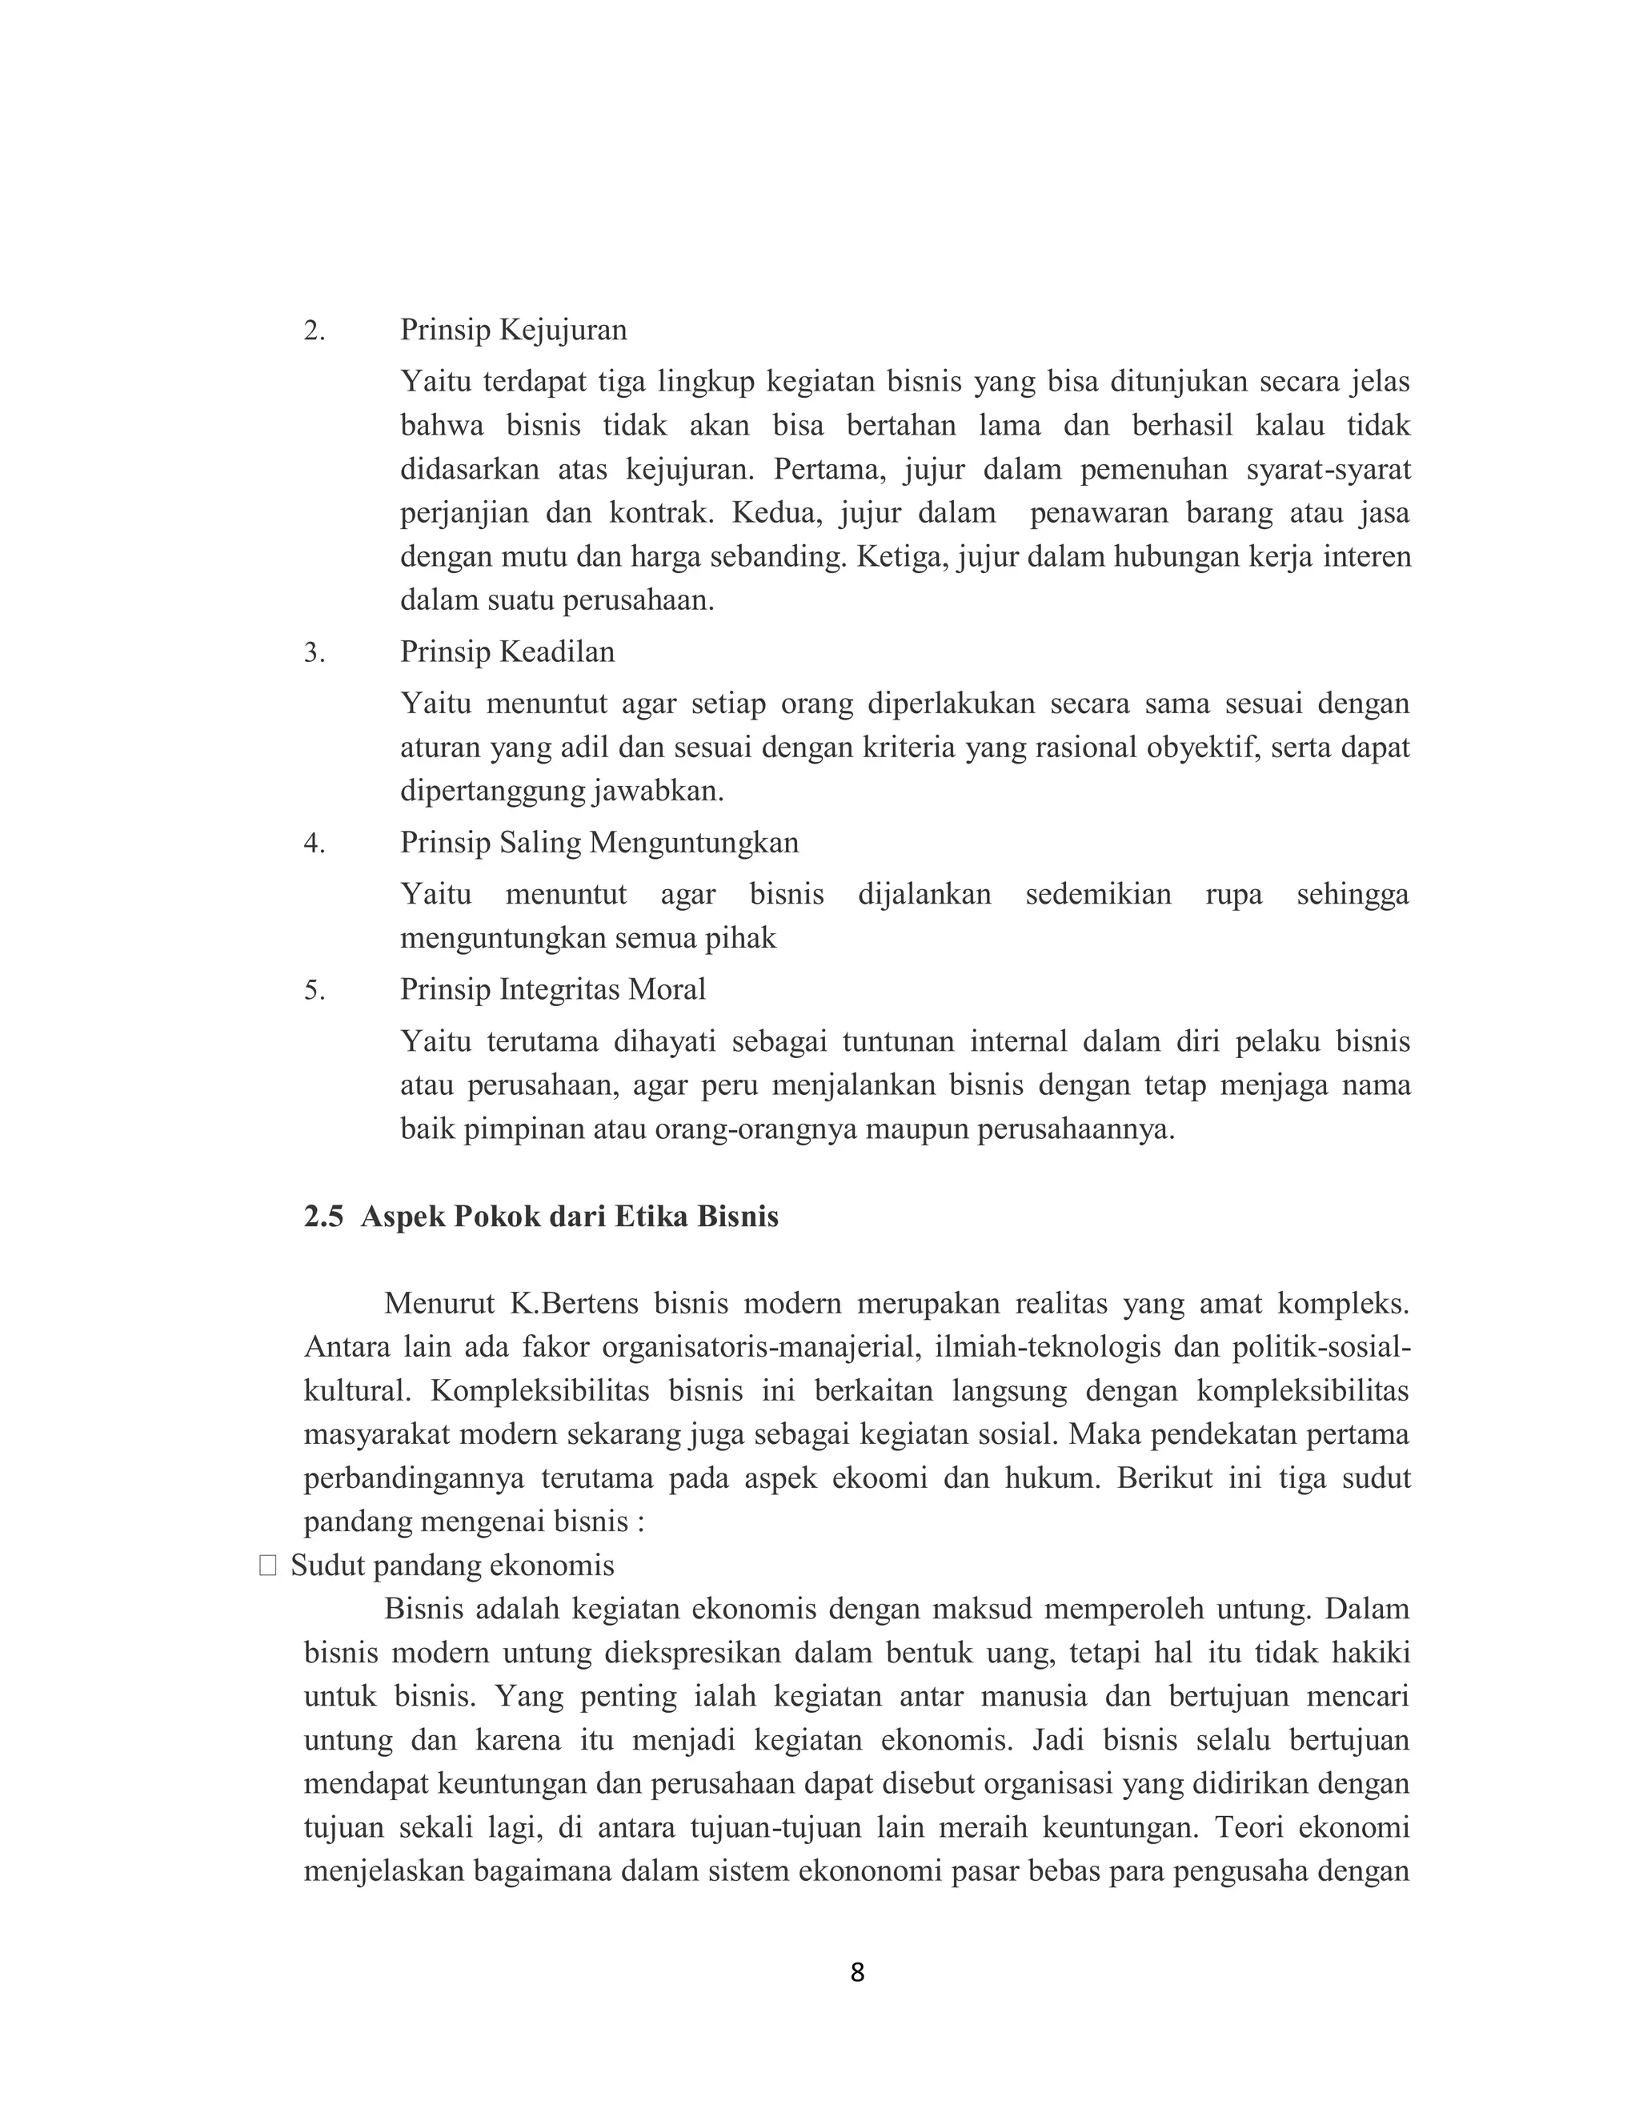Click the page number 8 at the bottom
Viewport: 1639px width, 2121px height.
[856, 1972]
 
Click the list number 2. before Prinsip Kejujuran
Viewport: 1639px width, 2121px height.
[314, 331]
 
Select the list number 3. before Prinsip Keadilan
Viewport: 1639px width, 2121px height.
[314, 652]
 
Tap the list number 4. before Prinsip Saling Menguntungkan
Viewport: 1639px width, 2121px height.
[314, 843]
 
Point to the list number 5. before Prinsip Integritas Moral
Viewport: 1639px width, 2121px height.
[314, 991]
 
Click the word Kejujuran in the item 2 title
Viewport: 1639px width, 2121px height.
[563, 331]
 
